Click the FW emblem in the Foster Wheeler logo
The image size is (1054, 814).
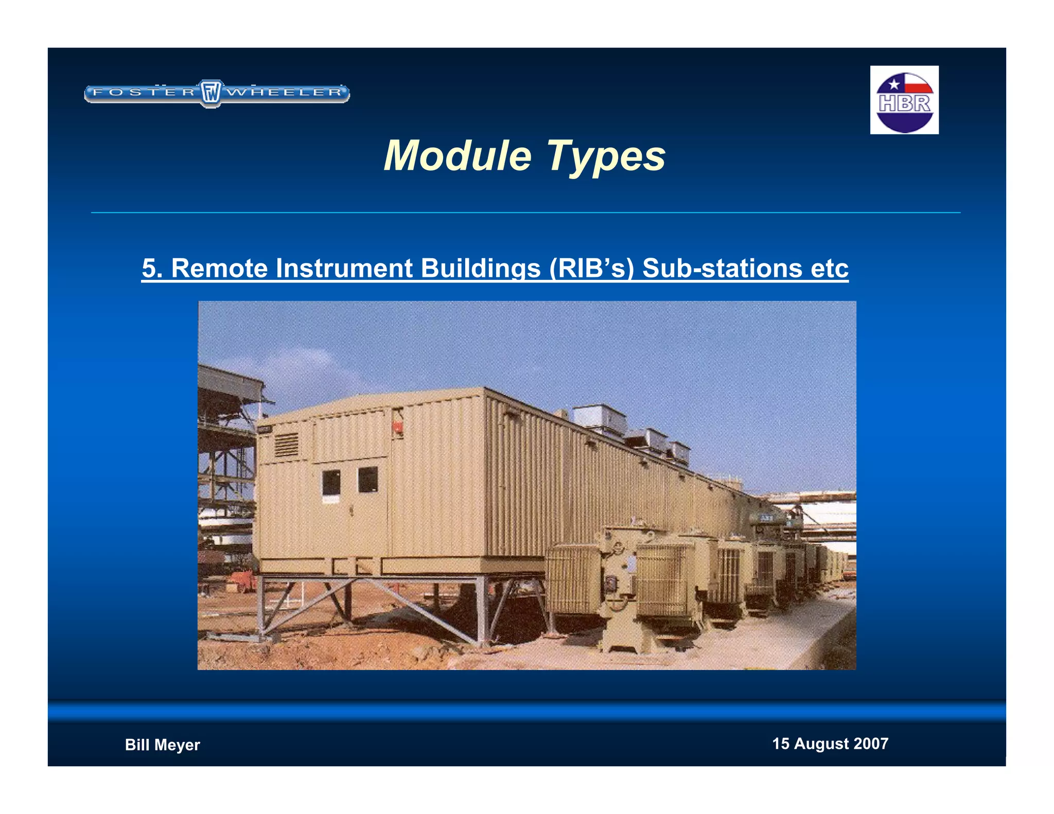tap(210, 93)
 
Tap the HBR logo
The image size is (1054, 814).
tap(904, 100)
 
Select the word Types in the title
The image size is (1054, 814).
tap(606, 156)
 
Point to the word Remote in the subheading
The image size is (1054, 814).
tap(219, 268)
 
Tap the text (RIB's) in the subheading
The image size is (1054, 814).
tap(591, 268)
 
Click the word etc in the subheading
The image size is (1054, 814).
tap(829, 268)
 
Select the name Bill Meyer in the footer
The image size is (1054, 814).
tap(162, 745)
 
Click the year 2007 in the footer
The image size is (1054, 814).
tap(871, 744)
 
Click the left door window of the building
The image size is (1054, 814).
tap(331, 482)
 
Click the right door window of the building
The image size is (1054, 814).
tap(367, 479)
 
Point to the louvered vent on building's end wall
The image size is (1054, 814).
tap(286, 445)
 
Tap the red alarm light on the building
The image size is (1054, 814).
tap(398, 427)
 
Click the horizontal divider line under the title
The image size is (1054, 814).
tap(525, 212)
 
